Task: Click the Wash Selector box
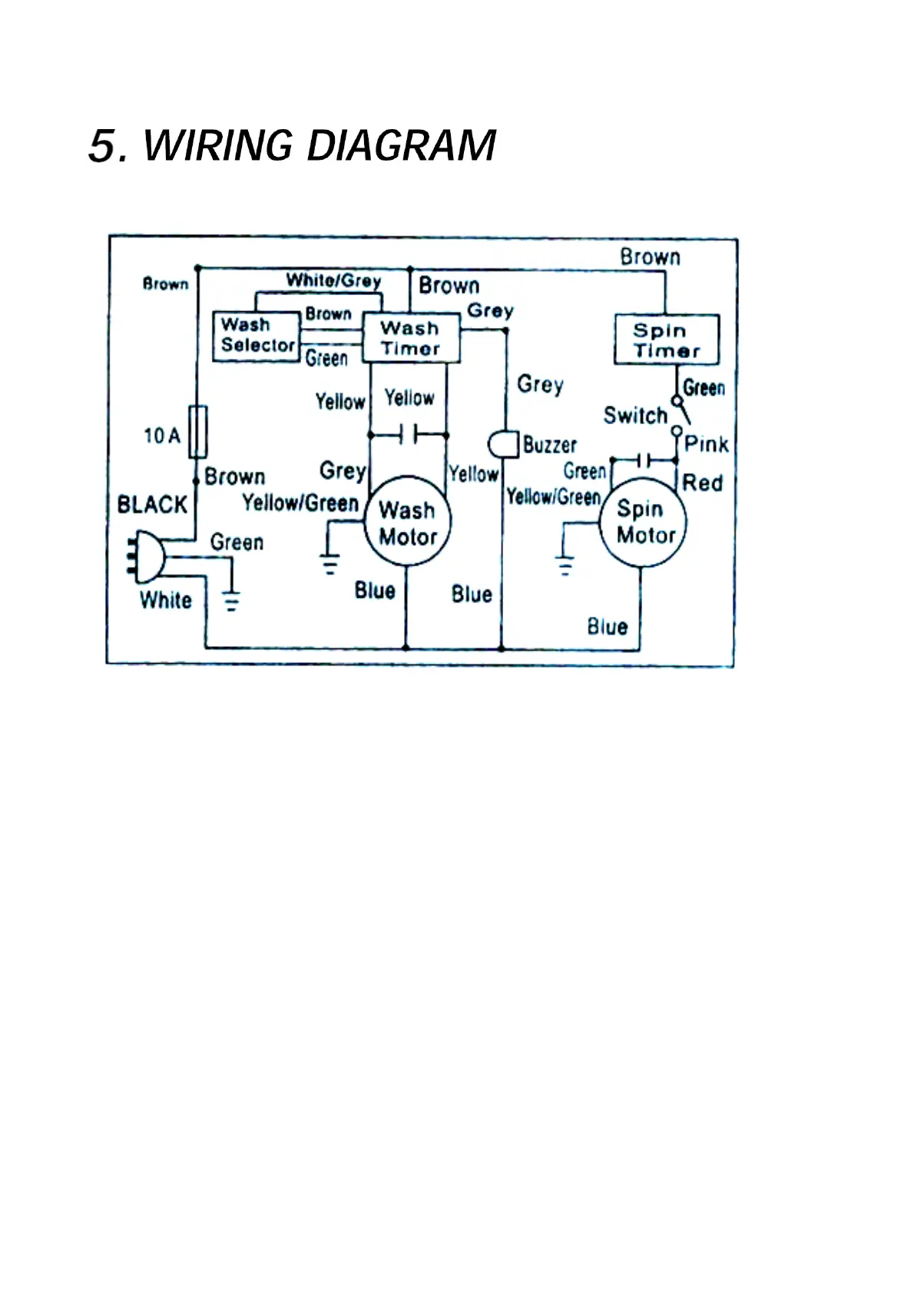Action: pyautogui.click(x=256, y=336)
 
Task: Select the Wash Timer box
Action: pyautogui.click(x=411, y=338)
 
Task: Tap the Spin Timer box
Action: pyautogui.click(x=666, y=340)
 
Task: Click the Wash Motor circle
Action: pyautogui.click(x=408, y=523)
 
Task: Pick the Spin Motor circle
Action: pyautogui.click(x=642, y=523)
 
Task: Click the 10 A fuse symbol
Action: pyautogui.click(x=197, y=432)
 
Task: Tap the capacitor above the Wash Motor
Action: pyautogui.click(x=408, y=436)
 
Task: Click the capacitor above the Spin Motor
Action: pyautogui.click(x=645, y=460)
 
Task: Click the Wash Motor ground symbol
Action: pyautogui.click(x=330, y=566)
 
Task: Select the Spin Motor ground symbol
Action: pyautogui.click(x=565, y=568)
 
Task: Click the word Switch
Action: pyautogui.click(x=635, y=416)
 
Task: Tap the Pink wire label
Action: pyautogui.click(x=706, y=444)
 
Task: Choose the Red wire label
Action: pyautogui.click(x=702, y=483)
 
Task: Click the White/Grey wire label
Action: pyautogui.click(x=333, y=280)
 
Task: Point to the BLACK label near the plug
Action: pyautogui.click(x=152, y=505)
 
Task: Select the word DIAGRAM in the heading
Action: pyautogui.click(x=401, y=146)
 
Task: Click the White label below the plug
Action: pyautogui.click(x=166, y=600)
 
